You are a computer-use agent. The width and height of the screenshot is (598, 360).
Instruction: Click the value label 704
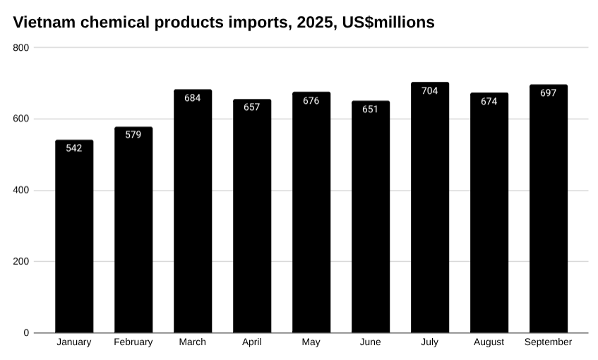click(x=430, y=91)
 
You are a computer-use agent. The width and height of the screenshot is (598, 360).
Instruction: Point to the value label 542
click(x=74, y=148)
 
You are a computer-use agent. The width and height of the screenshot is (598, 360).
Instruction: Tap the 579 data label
click(x=133, y=135)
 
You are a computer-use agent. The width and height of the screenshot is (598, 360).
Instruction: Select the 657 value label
click(x=252, y=107)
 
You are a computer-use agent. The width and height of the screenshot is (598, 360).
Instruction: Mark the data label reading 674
click(x=489, y=102)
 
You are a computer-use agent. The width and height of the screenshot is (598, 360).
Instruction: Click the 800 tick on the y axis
click(x=21, y=47)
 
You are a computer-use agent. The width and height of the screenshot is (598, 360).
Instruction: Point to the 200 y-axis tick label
click(x=21, y=262)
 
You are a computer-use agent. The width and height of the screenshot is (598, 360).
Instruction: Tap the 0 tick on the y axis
click(x=26, y=333)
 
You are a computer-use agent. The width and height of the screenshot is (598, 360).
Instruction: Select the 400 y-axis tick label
click(x=21, y=191)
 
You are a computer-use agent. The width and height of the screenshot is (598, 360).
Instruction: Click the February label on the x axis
click(x=133, y=342)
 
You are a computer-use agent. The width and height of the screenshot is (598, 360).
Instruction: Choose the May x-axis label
click(x=311, y=342)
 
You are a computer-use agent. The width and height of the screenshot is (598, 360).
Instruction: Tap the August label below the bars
click(x=489, y=342)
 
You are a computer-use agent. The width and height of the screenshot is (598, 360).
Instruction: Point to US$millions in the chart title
click(x=388, y=23)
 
